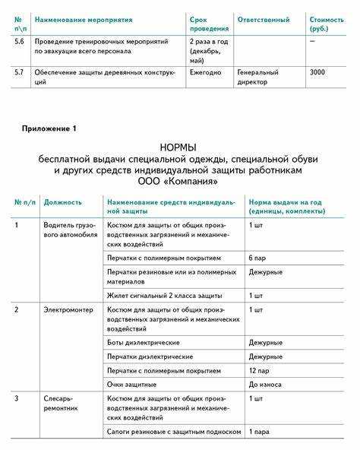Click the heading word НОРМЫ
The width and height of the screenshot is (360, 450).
tap(178, 146)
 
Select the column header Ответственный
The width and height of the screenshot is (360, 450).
tap(263, 17)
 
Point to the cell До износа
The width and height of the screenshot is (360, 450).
tap(265, 384)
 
